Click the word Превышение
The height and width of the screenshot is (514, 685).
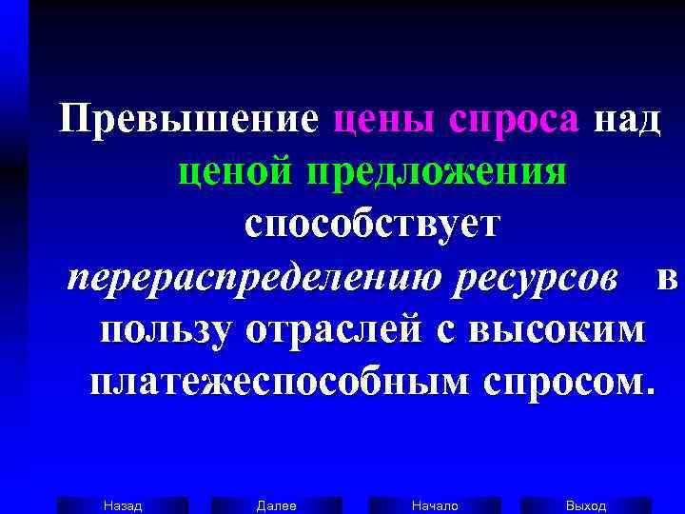click(x=188, y=121)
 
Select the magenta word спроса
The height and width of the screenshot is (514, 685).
click(x=515, y=121)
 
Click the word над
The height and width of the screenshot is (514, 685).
click(x=626, y=121)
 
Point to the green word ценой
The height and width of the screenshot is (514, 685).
click(x=237, y=173)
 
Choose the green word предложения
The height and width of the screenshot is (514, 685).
click(x=437, y=173)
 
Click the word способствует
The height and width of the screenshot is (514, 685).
click(x=370, y=226)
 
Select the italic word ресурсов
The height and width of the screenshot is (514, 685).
click(x=538, y=278)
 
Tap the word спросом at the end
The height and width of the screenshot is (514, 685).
click(x=566, y=383)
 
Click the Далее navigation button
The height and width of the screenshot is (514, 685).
click(x=277, y=505)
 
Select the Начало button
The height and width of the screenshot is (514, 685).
click(x=435, y=505)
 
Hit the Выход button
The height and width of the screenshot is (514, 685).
click(x=586, y=505)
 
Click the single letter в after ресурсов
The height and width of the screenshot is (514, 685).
click(x=666, y=278)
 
